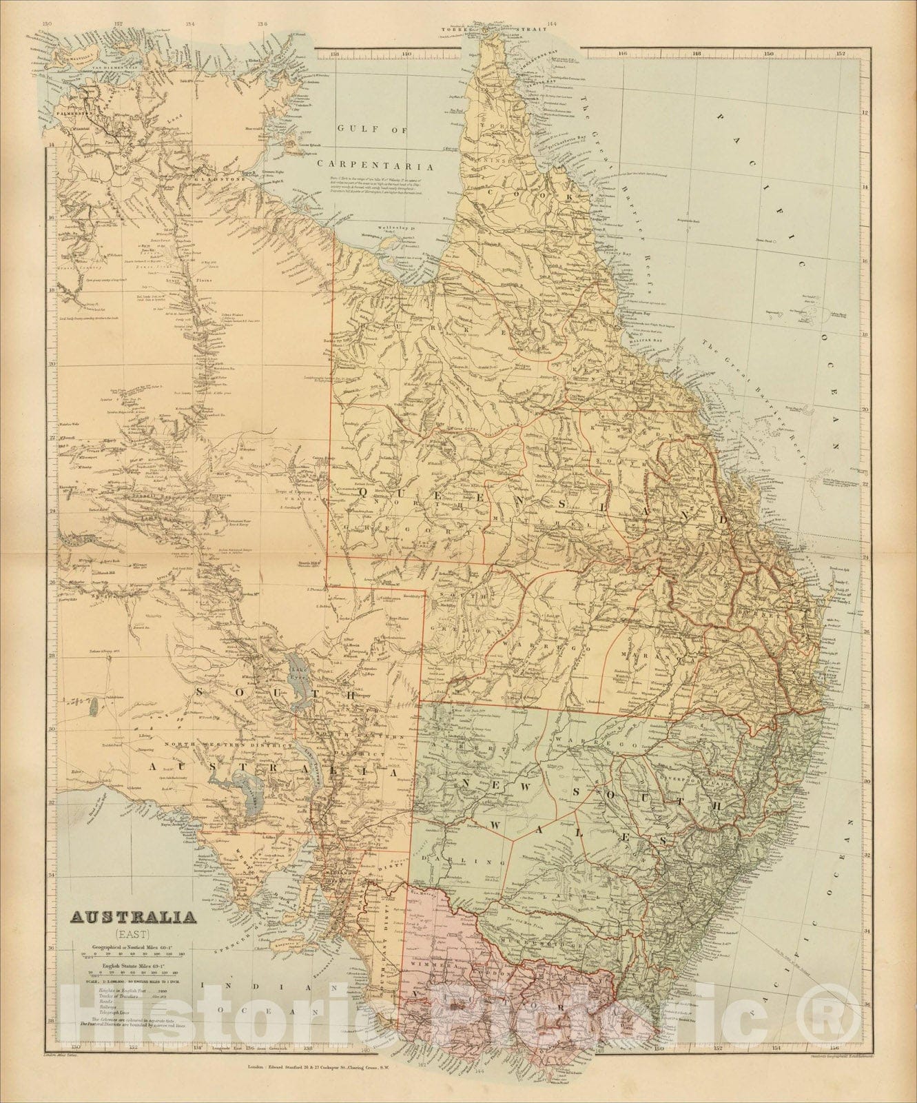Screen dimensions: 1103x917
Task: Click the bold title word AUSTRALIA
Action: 130,918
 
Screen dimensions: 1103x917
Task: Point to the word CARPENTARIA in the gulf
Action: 375,165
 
